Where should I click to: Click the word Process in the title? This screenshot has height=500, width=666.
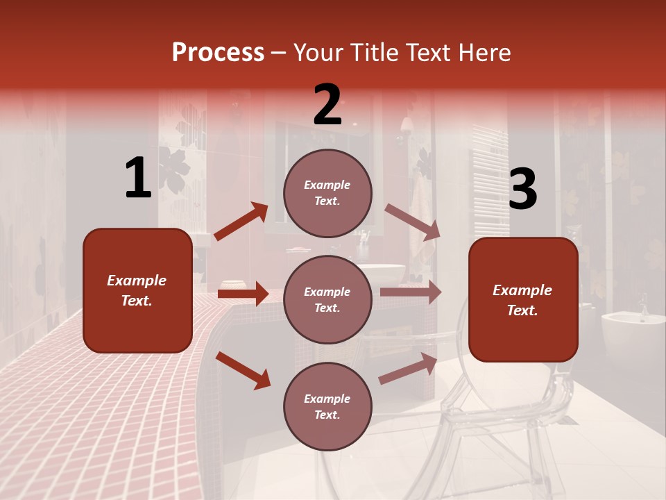218,53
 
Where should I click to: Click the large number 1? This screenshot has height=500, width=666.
138,178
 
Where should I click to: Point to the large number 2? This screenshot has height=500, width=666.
327,105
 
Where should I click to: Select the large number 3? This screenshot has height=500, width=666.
522,190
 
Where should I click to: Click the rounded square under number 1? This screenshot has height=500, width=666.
137,290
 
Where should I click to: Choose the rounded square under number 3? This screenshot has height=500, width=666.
523,299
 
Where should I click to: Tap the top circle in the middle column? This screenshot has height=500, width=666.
327,193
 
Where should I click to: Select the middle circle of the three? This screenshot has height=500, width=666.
327,299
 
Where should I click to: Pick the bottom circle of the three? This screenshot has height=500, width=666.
327,406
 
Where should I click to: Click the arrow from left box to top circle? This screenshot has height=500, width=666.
241,222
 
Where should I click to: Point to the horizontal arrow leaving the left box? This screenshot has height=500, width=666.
243,294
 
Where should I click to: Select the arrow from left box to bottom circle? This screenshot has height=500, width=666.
243,370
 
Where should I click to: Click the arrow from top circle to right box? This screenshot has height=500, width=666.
412,222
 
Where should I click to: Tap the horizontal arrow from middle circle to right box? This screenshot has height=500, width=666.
410,292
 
